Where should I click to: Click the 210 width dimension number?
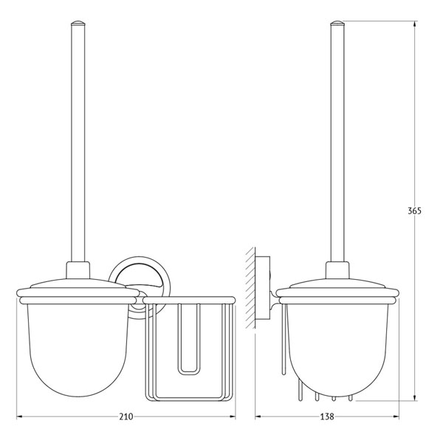(126, 416)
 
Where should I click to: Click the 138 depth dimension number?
(327, 416)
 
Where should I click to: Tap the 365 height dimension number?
(414, 210)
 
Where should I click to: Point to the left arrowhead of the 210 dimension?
(19, 416)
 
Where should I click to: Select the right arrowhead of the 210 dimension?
(233, 416)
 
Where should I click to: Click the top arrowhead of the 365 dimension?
(414, 24)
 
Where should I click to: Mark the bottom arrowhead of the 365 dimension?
(414, 397)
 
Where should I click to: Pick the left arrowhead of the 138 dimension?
(258, 416)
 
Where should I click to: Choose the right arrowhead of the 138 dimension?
(396, 416)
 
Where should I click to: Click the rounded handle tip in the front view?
(78, 23)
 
